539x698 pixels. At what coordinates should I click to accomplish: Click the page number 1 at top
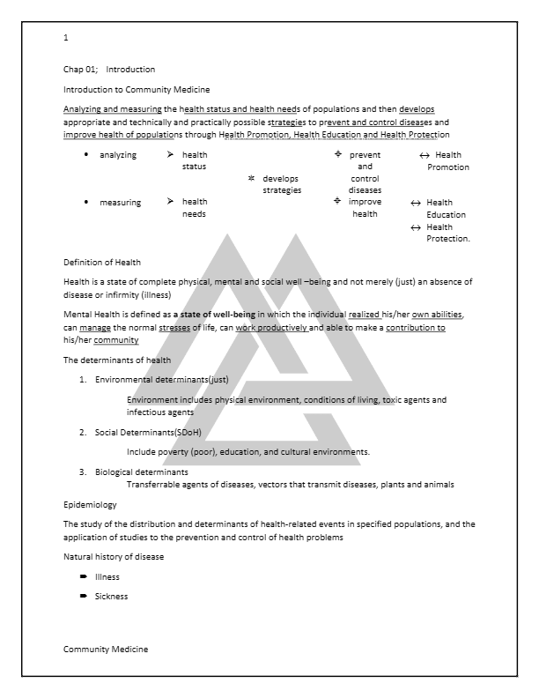pos(66,38)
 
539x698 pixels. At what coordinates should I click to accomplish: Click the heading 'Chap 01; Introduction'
pos(97,69)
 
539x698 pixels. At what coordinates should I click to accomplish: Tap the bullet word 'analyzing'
pos(119,155)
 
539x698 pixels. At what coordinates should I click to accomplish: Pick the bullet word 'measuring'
pos(120,203)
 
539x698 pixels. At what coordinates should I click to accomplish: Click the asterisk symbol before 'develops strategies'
pos(252,179)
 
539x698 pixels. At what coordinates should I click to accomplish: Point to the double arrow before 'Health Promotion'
pos(425,155)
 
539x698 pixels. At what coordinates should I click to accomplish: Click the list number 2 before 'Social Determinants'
pos(83,433)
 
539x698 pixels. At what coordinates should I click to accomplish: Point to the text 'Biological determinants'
pos(141,472)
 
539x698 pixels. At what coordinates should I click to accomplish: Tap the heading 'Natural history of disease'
pos(113,557)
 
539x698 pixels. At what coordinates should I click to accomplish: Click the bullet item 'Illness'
pos(107,576)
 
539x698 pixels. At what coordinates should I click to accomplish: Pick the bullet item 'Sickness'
pos(111,596)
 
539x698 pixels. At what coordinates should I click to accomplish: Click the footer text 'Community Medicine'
pos(106,650)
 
